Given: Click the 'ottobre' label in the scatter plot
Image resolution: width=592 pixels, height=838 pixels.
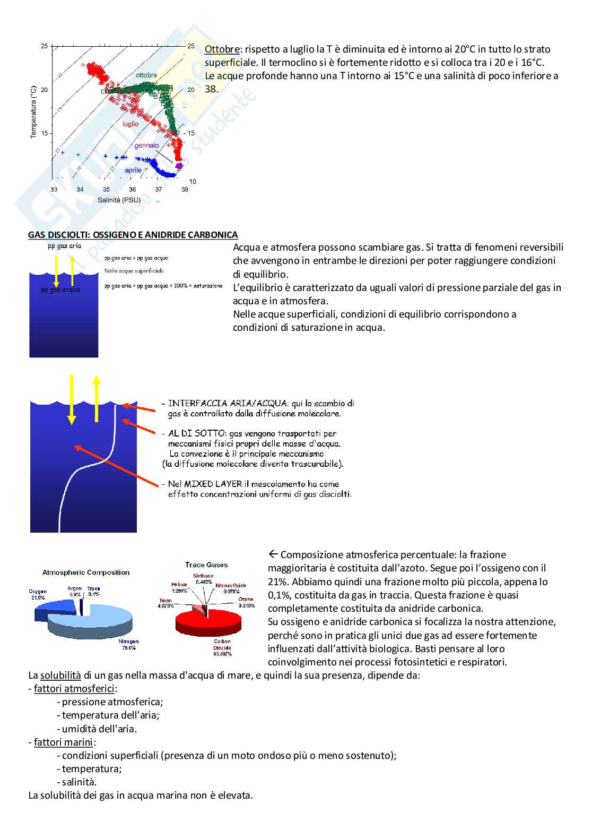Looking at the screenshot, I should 146,75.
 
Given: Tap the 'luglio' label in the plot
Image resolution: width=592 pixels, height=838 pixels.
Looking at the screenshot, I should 130,124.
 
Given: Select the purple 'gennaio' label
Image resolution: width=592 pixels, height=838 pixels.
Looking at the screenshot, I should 146,146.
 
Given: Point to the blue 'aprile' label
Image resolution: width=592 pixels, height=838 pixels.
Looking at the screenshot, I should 133,170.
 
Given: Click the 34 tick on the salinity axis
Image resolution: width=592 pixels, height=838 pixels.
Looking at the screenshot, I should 80,190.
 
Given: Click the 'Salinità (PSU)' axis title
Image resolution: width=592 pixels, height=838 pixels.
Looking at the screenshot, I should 119,200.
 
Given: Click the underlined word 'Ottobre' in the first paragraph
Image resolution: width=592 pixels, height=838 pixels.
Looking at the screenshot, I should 222,49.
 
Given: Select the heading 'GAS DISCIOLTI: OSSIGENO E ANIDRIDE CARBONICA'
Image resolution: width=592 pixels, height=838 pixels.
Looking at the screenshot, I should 133,235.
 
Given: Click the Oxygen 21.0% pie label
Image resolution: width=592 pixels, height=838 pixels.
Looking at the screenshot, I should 38,594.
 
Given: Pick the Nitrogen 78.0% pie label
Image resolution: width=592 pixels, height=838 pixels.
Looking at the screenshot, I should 128,645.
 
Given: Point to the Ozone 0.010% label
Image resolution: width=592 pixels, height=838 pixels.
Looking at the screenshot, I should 246,602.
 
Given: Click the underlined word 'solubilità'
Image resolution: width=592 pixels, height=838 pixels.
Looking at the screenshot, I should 60,675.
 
